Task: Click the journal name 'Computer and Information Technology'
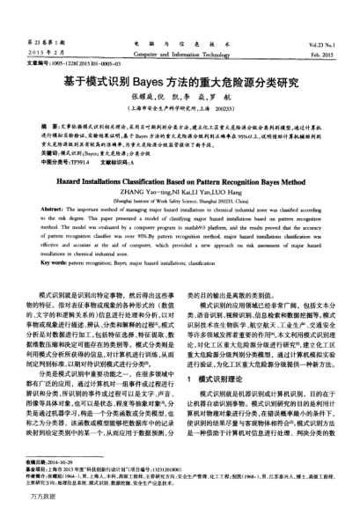[180, 30]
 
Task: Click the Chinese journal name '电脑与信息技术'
[180, 20]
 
